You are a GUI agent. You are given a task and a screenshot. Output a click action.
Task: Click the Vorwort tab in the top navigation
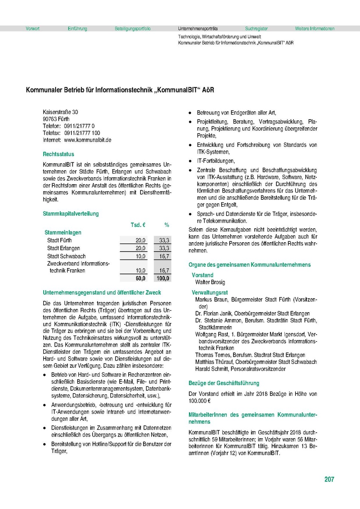tap(33, 29)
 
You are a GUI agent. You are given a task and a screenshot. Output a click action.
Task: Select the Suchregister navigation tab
tap(256, 29)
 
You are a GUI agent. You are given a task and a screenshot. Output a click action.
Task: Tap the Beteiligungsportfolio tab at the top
tap(132, 29)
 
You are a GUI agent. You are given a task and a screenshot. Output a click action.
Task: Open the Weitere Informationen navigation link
tap(315, 29)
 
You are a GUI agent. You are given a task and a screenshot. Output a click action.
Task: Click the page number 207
tap(329, 480)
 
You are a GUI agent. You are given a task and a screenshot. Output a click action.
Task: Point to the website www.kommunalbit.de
tap(87, 140)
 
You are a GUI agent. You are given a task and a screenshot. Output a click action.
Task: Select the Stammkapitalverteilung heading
tap(70, 214)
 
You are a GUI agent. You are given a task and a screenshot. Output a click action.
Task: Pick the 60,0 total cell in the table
tap(140, 278)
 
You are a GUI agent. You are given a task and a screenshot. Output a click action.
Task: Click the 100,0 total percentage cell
tap(163, 278)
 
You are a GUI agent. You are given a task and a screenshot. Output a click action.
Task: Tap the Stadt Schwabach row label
tap(66, 256)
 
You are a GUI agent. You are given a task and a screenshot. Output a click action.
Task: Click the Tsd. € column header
tap(138, 224)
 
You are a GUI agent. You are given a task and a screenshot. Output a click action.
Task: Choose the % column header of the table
tap(167, 224)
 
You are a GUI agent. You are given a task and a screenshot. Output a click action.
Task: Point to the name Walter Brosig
tap(210, 282)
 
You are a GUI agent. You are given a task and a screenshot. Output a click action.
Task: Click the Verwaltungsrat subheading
tap(210, 293)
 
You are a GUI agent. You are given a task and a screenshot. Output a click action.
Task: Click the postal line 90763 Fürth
tap(56, 119)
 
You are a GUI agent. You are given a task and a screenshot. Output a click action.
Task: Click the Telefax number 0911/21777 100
tap(85, 133)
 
